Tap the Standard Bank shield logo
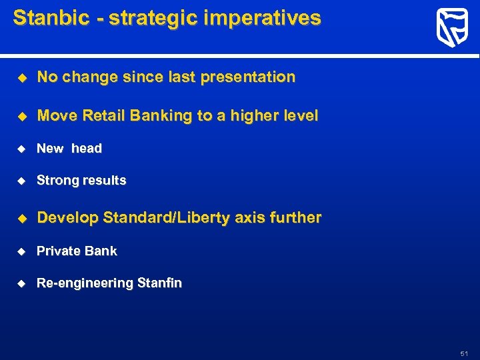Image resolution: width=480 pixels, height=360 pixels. [x=451, y=28]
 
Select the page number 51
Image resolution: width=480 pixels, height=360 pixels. [x=465, y=353]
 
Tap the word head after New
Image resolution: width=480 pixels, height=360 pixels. [x=87, y=149]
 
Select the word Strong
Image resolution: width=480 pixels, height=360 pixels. [x=56, y=181]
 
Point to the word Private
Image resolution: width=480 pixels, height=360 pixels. [x=57, y=251]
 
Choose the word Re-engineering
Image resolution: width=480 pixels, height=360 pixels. [x=85, y=283]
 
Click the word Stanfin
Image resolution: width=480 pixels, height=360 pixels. [x=159, y=283]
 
